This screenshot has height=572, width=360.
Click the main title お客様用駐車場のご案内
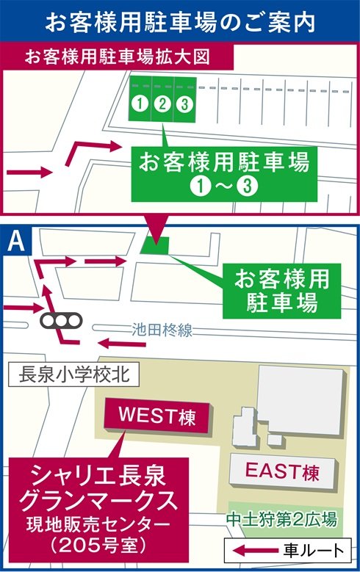(x=180, y=22)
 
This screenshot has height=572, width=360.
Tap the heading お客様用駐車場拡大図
(x=118, y=57)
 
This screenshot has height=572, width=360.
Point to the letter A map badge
(x=16, y=241)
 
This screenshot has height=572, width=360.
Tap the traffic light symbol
(x=61, y=321)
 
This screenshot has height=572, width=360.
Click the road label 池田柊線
(x=162, y=330)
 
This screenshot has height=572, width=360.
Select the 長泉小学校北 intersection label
(x=73, y=374)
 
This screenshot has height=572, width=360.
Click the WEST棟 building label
(x=157, y=416)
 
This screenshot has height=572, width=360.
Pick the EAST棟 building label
(x=282, y=471)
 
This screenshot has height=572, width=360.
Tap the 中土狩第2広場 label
(x=281, y=519)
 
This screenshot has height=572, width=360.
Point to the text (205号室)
(x=98, y=546)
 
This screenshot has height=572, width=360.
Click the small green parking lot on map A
(x=155, y=245)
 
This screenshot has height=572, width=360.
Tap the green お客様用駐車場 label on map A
(x=281, y=291)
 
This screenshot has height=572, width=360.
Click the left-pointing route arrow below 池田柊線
(x=122, y=343)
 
